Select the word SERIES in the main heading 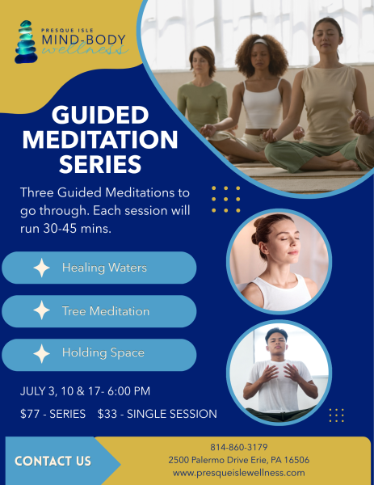click(x=99, y=164)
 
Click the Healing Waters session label click(x=104, y=268)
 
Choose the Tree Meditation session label click(x=105, y=311)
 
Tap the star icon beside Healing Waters click(x=41, y=268)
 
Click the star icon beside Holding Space click(x=41, y=353)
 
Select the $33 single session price click(x=110, y=414)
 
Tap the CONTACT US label click(x=53, y=462)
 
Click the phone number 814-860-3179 click(x=238, y=447)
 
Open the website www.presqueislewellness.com click(x=238, y=473)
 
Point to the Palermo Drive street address click(x=238, y=460)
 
